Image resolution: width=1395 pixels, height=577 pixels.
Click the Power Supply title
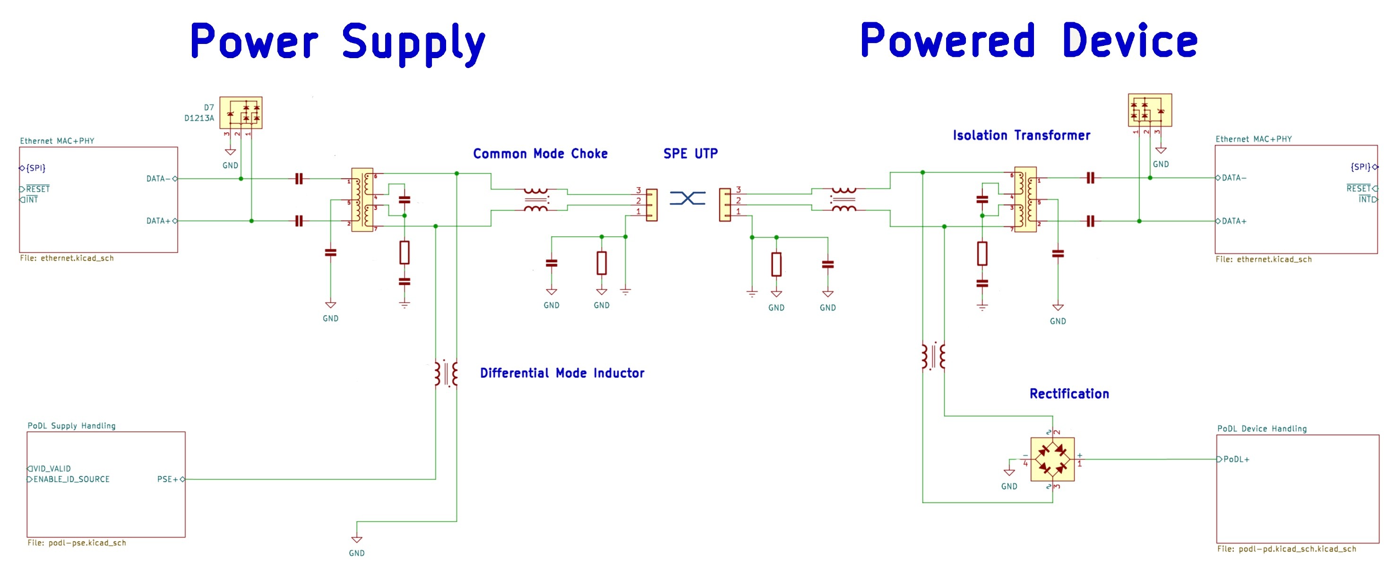337,42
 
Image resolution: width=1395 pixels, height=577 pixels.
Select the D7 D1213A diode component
241,112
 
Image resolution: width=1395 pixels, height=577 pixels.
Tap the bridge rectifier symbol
1052,459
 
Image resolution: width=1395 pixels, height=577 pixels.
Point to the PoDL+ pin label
1236,459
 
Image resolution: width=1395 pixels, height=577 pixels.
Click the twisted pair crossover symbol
687,198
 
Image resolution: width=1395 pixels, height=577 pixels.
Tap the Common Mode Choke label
540,154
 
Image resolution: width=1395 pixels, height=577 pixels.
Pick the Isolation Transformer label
1021,136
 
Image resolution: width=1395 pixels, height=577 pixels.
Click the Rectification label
1069,394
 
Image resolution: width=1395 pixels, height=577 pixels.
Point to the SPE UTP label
690,154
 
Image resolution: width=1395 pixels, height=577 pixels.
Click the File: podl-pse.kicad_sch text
77,543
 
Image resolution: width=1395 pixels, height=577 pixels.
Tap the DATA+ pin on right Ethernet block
1234,221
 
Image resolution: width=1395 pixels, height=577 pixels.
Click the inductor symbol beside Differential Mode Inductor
446,373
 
